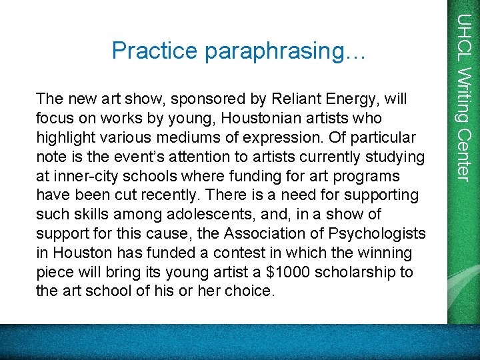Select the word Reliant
[295, 99]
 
